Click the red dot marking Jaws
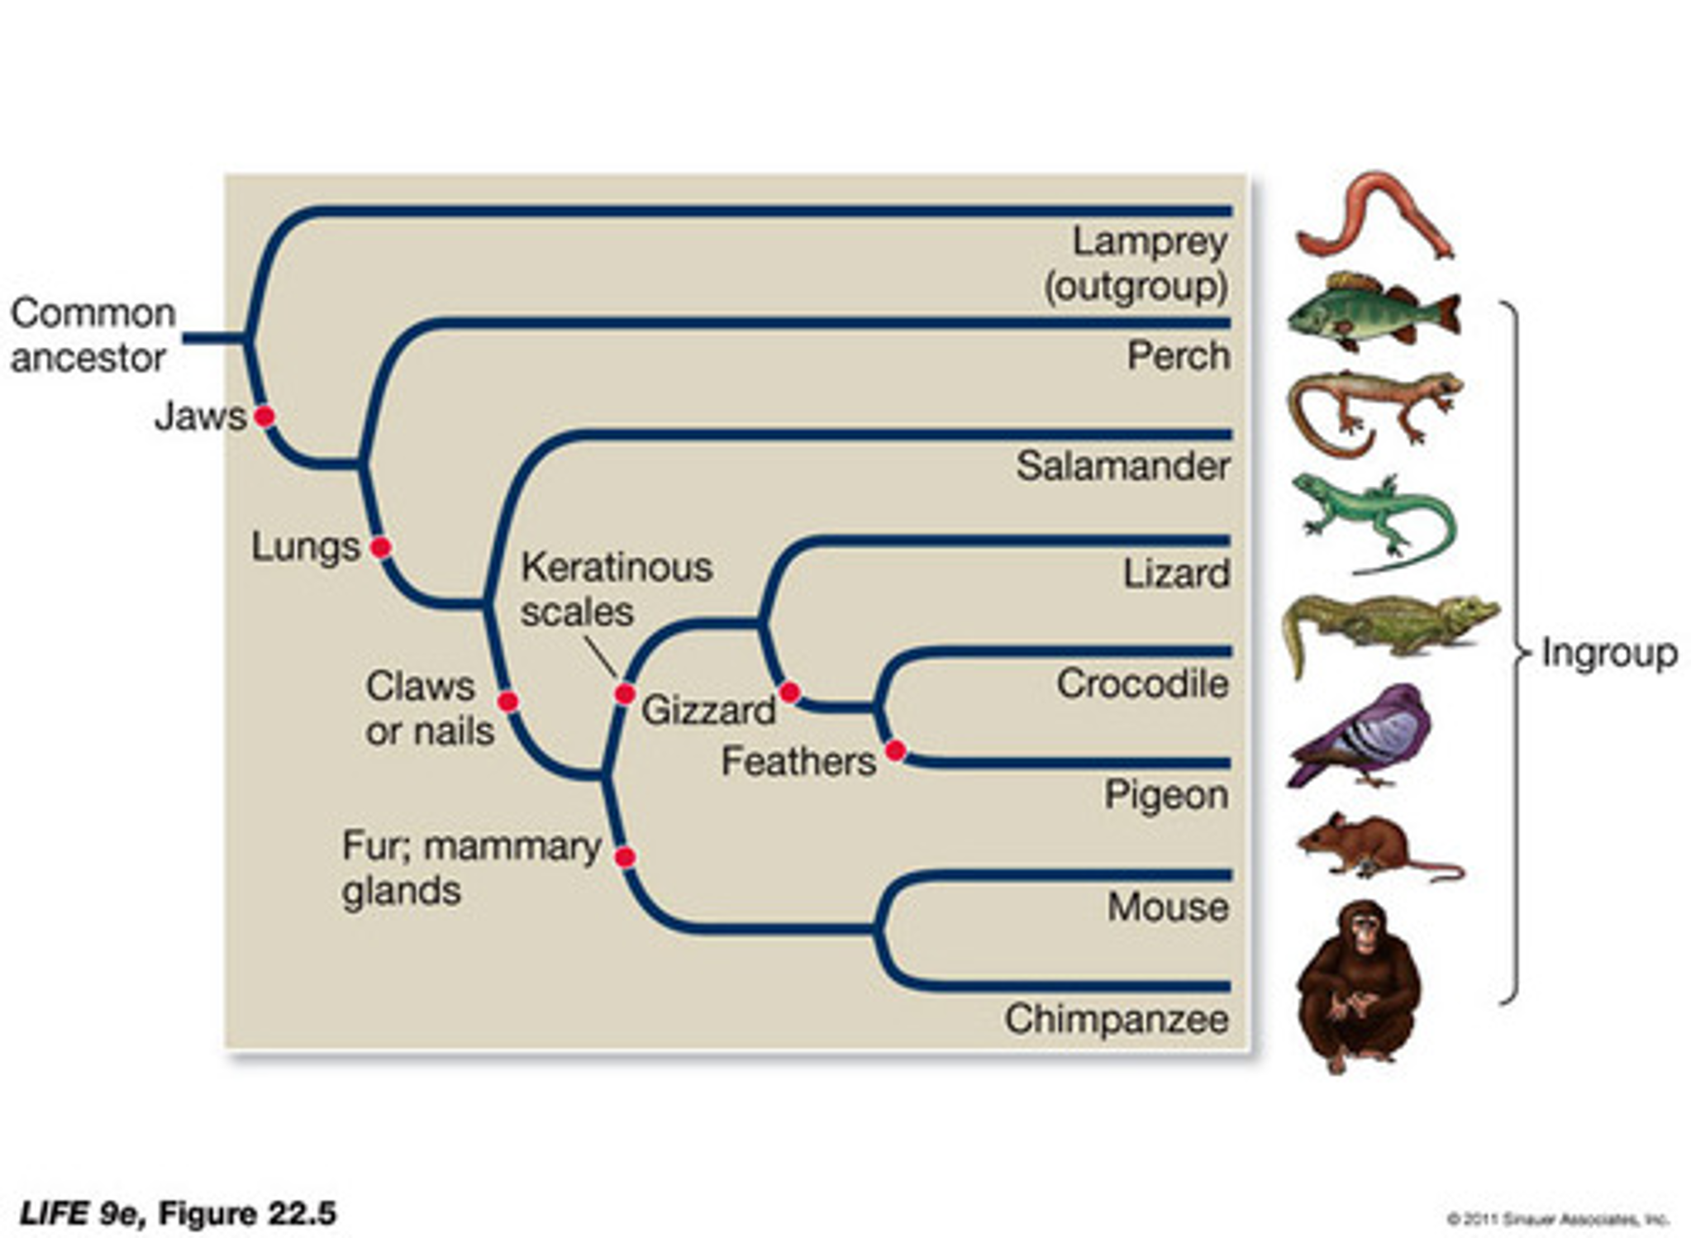pyautogui.click(x=264, y=417)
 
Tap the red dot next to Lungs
pyautogui.click(x=380, y=547)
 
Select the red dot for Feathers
pyautogui.click(x=895, y=750)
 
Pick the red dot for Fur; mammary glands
pyautogui.click(x=625, y=857)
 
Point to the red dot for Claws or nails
pyautogui.click(x=508, y=702)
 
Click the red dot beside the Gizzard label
pyautogui.click(x=789, y=692)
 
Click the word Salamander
pyautogui.click(x=1122, y=466)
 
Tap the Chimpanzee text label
pyautogui.click(x=1116, y=1019)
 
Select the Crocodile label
pyautogui.click(x=1142, y=684)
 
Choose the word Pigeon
pyautogui.click(x=1166, y=795)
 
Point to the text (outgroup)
pyautogui.click(x=1136, y=287)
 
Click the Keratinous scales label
pyautogui.click(x=616, y=589)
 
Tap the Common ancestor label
pyautogui.click(x=93, y=336)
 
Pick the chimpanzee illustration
pyautogui.click(x=1358, y=983)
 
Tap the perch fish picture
pyautogui.click(x=1372, y=312)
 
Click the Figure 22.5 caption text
pyautogui.click(x=178, y=1213)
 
